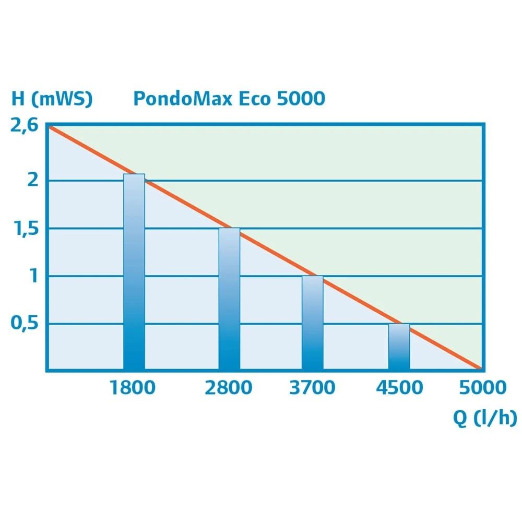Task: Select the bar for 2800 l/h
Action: (229, 300)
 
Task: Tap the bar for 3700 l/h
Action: (313, 323)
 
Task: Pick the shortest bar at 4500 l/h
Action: (399, 347)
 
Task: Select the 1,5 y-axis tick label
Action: (26, 228)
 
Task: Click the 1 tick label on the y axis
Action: (34, 276)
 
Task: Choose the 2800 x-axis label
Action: (228, 388)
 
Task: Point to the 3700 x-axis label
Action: (312, 388)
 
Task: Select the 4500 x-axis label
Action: (399, 388)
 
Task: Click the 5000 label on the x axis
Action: (483, 388)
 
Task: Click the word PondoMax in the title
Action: (183, 99)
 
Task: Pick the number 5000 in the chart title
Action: (301, 99)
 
